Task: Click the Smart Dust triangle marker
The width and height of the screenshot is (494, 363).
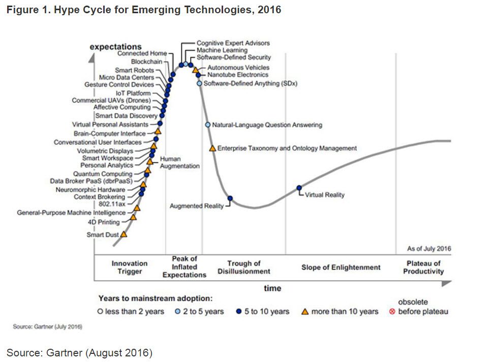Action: pyautogui.click(x=123, y=234)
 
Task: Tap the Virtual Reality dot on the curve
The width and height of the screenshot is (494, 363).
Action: pyautogui.click(x=299, y=188)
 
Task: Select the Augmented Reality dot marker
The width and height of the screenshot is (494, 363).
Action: pyautogui.click(x=230, y=198)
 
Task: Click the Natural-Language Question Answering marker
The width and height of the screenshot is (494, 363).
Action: pyautogui.click(x=207, y=125)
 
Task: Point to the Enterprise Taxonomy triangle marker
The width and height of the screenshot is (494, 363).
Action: pyautogui.click(x=212, y=148)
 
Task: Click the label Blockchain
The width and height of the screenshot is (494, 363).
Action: pyautogui.click(x=147, y=61)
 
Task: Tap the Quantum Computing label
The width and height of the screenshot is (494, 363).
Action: pyautogui.click(x=110, y=174)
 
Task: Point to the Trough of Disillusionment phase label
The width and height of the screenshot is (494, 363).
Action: pyautogui.click(x=244, y=267)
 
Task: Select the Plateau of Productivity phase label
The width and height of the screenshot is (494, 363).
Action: pyautogui.click(x=423, y=267)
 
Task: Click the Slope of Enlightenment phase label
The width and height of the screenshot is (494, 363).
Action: pyautogui.click(x=341, y=267)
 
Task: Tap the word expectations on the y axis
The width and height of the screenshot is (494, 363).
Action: pyautogui.click(x=115, y=47)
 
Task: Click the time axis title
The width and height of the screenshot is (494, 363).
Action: pyautogui.click(x=272, y=288)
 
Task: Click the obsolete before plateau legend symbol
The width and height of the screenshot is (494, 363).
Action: pyautogui.click(x=392, y=311)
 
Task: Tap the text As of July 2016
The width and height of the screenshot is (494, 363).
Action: pyautogui.click(x=428, y=249)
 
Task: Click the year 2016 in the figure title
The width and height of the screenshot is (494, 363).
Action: pyautogui.click(x=269, y=10)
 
